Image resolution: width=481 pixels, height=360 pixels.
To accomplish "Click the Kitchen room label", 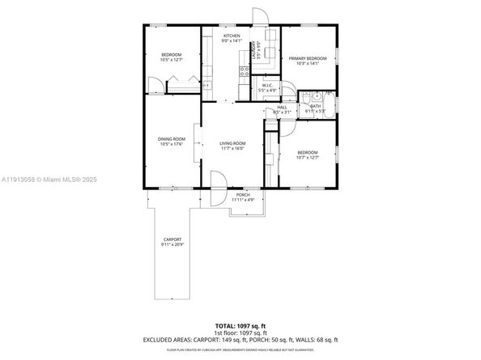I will (x=232, y=36).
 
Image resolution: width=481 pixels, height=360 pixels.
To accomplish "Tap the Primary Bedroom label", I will (x=308, y=58).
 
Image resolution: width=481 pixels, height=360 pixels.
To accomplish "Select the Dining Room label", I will (x=171, y=138).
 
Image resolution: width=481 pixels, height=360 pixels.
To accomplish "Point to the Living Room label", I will (x=232, y=143).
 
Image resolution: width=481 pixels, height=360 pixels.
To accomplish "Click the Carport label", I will (x=172, y=239).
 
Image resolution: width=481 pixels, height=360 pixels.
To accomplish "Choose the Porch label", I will (x=242, y=195).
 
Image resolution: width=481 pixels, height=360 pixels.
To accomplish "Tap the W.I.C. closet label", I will (x=267, y=86).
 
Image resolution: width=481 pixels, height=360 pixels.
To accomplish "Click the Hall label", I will (x=282, y=107).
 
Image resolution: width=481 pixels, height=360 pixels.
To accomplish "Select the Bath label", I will (x=315, y=105).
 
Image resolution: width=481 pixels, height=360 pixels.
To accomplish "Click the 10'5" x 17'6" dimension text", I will (x=171, y=144).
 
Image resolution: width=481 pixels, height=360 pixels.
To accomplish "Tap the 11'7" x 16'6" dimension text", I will (x=232, y=149).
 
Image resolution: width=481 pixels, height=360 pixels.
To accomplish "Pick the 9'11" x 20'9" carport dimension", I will (x=172, y=244).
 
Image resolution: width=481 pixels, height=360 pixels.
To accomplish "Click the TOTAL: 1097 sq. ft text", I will (x=240, y=324).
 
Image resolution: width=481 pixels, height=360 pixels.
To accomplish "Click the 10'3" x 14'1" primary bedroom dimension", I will (x=308, y=63).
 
